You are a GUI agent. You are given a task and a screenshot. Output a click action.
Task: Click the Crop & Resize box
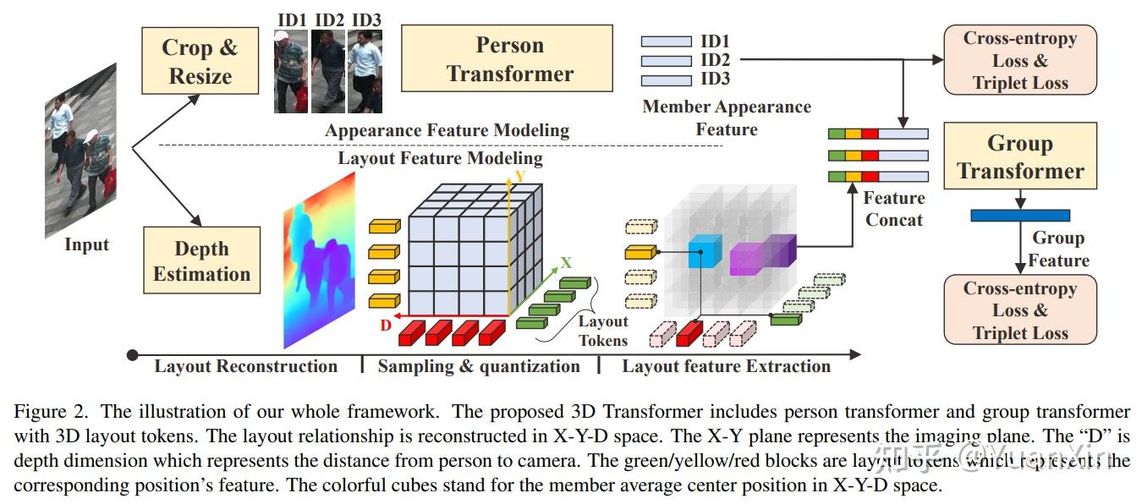(x=200, y=61)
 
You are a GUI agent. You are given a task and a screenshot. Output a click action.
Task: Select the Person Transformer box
(x=507, y=58)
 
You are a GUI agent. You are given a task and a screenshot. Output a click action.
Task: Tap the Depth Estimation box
(x=201, y=260)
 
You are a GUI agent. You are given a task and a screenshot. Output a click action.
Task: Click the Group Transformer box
(x=1019, y=156)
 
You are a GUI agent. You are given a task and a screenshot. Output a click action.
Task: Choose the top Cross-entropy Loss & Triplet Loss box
(x=1019, y=60)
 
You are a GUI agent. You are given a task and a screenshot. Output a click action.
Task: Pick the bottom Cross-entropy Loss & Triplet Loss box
(x=1019, y=310)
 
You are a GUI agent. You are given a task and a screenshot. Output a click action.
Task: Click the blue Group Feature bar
(x=1019, y=216)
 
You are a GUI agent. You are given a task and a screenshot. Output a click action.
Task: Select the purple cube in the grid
(x=761, y=255)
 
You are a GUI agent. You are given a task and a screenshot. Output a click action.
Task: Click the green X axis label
(x=566, y=263)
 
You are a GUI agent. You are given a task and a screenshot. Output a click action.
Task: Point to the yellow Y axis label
(x=520, y=177)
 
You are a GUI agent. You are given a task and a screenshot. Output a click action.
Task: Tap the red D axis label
(x=386, y=325)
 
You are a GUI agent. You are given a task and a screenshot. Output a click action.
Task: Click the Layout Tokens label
(x=603, y=331)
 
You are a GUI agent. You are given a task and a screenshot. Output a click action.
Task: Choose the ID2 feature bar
(x=666, y=61)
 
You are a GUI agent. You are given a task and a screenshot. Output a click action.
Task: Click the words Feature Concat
(x=894, y=208)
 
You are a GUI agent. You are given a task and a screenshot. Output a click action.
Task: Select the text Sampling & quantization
(x=479, y=366)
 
